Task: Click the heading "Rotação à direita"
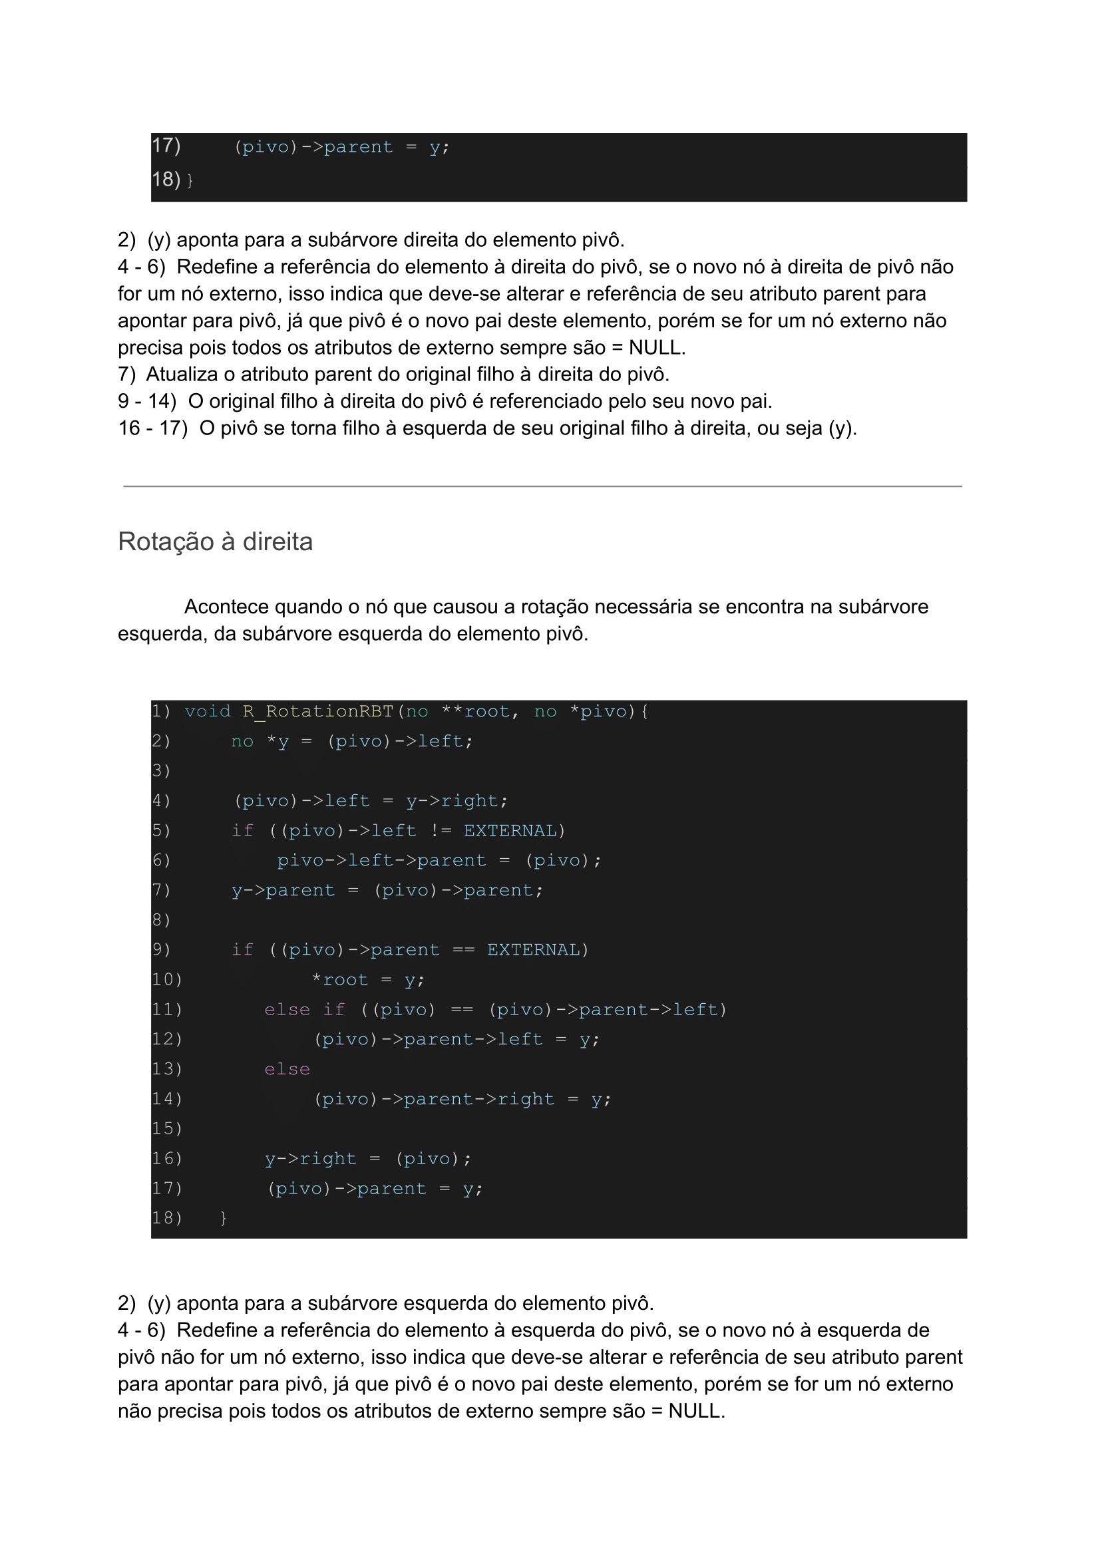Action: [215, 542]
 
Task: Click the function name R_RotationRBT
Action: [318, 712]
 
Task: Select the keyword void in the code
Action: [208, 712]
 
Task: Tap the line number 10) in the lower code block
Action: [166, 980]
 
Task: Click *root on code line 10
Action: [341, 980]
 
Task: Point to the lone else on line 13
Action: [287, 1070]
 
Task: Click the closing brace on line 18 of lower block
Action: [223, 1219]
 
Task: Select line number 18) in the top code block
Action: [166, 180]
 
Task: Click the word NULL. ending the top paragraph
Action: [657, 348]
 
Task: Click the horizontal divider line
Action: [543, 486]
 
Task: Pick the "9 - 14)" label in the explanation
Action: [147, 402]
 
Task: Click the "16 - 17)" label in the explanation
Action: [152, 428]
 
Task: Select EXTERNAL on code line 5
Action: [510, 831]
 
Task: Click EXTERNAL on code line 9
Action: [533, 950]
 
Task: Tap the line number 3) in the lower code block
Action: [161, 771]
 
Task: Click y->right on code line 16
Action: [311, 1160]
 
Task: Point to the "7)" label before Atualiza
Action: [127, 375]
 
